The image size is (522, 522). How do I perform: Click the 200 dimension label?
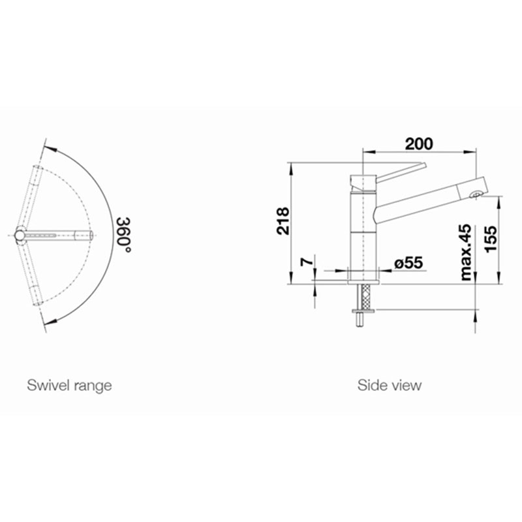click(x=419, y=144)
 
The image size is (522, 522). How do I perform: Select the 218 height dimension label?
click(x=283, y=221)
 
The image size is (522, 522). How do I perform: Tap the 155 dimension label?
click(x=491, y=239)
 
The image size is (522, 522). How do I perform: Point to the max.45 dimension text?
click(x=465, y=252)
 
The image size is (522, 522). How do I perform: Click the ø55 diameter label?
click(x=408, y=263)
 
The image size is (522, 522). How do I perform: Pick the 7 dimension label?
click(x=307, y=262)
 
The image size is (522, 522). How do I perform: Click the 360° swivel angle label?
click(x=123, y=235)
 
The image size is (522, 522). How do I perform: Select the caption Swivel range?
click(x=69, y=386)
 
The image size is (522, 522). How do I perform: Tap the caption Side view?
click(x=390, y=386)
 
